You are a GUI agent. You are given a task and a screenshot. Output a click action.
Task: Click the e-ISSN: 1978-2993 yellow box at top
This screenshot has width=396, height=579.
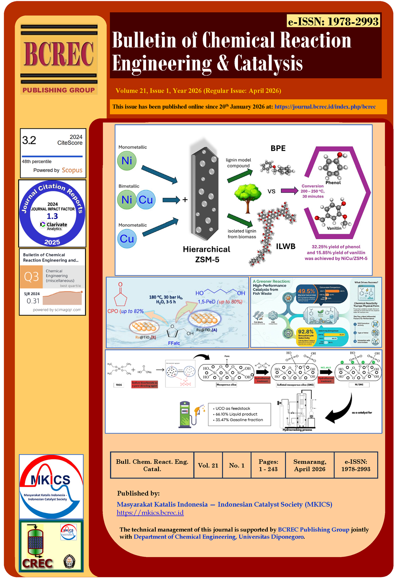point(333,21)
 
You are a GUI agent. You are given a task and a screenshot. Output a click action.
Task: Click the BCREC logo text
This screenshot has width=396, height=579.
point(59,54)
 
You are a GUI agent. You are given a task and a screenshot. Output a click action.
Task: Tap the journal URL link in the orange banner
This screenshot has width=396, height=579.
point(325,107)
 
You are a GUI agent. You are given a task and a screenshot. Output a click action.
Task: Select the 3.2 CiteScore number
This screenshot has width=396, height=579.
point(29,140)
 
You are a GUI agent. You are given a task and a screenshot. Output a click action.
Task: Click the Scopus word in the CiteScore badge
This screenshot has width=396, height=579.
point(72,170)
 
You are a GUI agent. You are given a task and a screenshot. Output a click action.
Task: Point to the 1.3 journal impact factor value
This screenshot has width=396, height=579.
point(52,216)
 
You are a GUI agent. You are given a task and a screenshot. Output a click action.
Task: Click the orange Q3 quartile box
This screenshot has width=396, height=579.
point(31,276)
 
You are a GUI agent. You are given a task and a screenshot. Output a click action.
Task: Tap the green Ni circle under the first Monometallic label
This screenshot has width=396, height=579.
point(127,161)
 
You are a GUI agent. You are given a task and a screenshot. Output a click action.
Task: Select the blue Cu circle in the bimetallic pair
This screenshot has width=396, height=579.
point(146,200)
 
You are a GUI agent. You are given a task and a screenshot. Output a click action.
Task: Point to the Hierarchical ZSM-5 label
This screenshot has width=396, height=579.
point(207,254)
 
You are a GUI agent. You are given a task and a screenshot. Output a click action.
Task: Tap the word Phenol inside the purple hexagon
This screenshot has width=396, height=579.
point(333,183)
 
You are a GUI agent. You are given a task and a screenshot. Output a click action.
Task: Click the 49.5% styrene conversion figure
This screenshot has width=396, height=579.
point(306,291)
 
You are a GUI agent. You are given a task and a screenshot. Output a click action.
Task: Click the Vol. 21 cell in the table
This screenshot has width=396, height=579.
point(208,465)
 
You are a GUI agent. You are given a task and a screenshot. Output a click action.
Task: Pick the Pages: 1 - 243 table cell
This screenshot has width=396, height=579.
point(268,465)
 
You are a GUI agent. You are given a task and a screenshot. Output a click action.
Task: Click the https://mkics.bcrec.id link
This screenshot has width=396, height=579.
point(150,513)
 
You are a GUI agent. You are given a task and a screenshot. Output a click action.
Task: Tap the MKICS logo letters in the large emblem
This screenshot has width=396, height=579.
point(51,480)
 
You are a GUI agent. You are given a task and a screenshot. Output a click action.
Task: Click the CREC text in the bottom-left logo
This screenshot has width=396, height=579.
point(37,563)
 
